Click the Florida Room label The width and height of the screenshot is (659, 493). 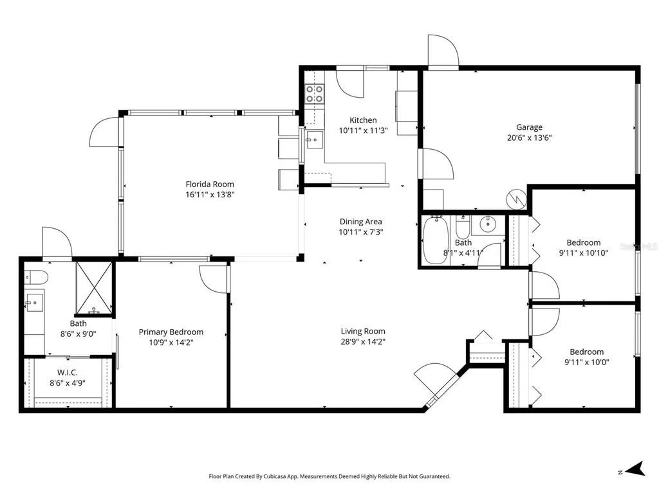click(210, 184)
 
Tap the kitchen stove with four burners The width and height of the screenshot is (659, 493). click(314, 94)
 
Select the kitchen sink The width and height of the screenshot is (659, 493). click(314, 140)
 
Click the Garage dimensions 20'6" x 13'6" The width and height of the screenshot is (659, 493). click(529, 138)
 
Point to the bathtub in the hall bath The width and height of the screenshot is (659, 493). click(436, 240)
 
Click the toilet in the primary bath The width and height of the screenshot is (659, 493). click(36, 277)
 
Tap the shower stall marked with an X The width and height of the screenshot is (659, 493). click(94, 288)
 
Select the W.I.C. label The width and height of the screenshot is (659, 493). click(67, 372)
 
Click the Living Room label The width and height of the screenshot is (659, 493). click(363, 331)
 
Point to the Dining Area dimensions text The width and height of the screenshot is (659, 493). click(361, 232)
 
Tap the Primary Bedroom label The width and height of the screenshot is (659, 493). click(171, 332)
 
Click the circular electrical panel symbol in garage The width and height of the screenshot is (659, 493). click(517, 199)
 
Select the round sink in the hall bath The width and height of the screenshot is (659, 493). click(488, 225)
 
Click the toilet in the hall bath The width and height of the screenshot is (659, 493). click(463, 228)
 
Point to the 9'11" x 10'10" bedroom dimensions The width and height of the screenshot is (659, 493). click(583, 253)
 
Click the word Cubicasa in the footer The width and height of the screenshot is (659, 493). click(273, 476)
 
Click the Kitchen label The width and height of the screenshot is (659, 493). click(363, 120)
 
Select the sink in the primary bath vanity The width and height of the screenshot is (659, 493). click(34, 301)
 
